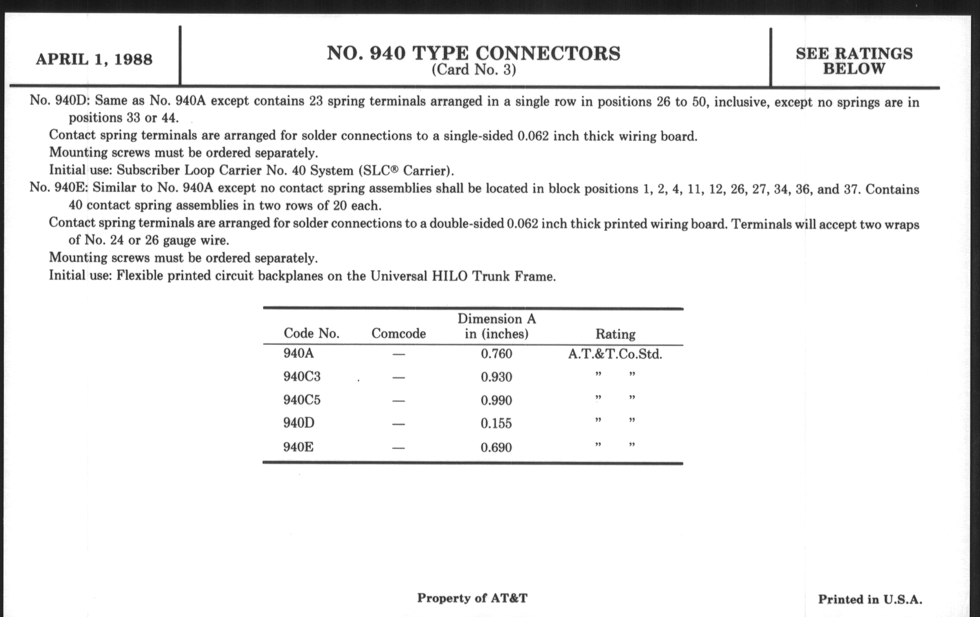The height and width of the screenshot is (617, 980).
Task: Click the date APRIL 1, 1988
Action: [x=94, y=59]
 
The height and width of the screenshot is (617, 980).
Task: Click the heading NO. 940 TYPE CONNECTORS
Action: [x=473, y=53]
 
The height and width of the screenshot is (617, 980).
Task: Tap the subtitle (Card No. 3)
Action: [x=474, y=70]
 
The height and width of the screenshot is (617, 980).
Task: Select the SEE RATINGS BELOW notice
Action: [x=854, y=61]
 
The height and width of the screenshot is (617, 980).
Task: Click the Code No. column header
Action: [x=311, y=333]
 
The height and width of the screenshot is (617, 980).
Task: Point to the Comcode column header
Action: [x=399, y=334]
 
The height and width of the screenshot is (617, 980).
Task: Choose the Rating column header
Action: [x=615, y=334]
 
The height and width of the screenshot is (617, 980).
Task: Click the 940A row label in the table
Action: [x=299, y=353]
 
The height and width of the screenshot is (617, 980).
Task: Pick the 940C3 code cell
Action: [x=301, y=377]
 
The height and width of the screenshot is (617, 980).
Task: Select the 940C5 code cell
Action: [x=301, y=400]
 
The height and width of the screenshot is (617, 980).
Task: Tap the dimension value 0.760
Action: [x=496, y=354]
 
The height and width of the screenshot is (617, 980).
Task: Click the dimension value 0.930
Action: [x=496, y=377]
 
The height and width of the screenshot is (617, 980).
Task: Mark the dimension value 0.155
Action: [x=496, y=423]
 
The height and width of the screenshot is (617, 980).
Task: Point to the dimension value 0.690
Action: [x=496, y=448]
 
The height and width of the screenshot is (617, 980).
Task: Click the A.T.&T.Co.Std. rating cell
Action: [x=615, y=354]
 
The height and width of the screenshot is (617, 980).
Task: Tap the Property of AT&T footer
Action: [x=472, y=598]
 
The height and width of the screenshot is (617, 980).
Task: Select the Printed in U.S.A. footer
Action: [x=870, y=599]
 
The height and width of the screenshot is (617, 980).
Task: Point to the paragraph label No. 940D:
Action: [x=59, y=100]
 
